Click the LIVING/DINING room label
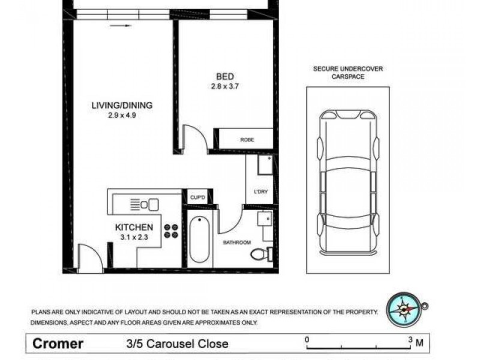pyautogui.click(x=122, y=105)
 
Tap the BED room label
pyautogui.click(x=225, y=76)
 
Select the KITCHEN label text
pyautogui.click(x=134, y=227)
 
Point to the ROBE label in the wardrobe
pyautogui.click(x=247, y=140)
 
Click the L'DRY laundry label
pyautogui.click(x=260, y=192)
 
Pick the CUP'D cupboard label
pyautogui.click(x=197, y=197)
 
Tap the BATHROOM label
pyautogui.click(x=236, y=242)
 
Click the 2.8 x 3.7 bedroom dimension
pyautogui.click(x=225, y=86)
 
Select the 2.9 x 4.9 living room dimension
pyautogui.click(x=122, y=116)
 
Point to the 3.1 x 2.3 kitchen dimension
pyautogui.click(x=134, y=238)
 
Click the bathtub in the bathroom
pyautogui.click(x=198, y=241)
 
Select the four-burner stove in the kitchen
pyautogui.click(x=171, y=230)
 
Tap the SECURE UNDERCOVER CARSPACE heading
pyautogui.click(x=348, y=73)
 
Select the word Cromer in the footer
pyautogui.click(x=58, y=344)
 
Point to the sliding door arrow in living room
pyautogui.click(x=121, y=26)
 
